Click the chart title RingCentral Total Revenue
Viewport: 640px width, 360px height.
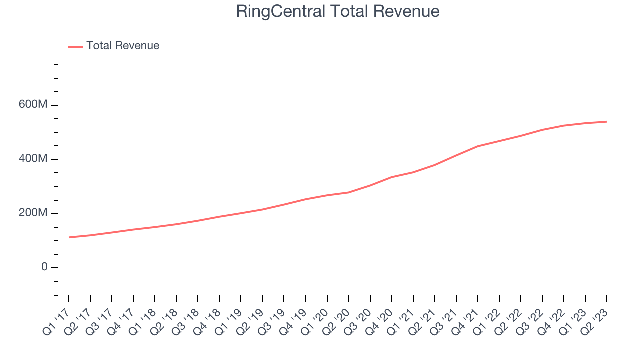[x=338, y=11]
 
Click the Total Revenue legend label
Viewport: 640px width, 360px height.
[x=123, y=46]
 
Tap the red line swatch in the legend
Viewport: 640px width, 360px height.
[x=75, y=46]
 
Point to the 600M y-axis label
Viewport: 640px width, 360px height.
[x=32, y=105]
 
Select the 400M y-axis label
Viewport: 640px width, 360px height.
[x=32, y=159]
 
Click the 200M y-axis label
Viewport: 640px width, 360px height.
[x=32, y=213]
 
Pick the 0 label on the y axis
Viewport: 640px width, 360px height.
[x=44, y=267]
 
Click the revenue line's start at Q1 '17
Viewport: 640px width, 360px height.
[x=69, y=237]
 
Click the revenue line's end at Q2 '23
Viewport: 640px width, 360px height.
[x=607, y=122]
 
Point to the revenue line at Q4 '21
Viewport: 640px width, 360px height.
[x=478, y=146]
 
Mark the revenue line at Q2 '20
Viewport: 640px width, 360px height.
[x=348, y=192]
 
